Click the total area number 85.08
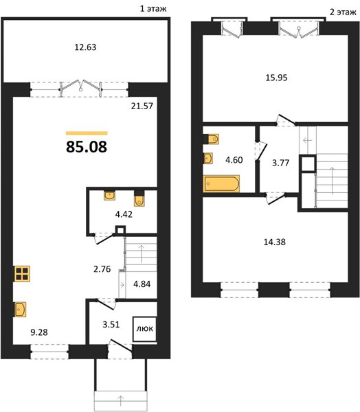point(87,147)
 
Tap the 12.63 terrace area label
point(85,47)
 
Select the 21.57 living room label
point(142,106)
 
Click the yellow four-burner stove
point(22,274)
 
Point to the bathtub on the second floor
point(221,183)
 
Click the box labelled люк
point(145,329)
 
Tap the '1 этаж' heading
point(153,9)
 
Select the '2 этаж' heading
point(344,12)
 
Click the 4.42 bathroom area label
point(124,214)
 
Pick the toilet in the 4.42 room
point(139,198)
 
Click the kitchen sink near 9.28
point(20,309)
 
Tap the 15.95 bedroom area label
point(276,78)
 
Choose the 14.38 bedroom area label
point(275,242)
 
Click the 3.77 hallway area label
point(280,163)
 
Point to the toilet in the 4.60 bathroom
point(211,139)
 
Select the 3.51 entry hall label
point(111,325)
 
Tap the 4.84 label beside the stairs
point(142,284)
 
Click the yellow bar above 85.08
point(87,133)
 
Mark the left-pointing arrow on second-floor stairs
point(307,140)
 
